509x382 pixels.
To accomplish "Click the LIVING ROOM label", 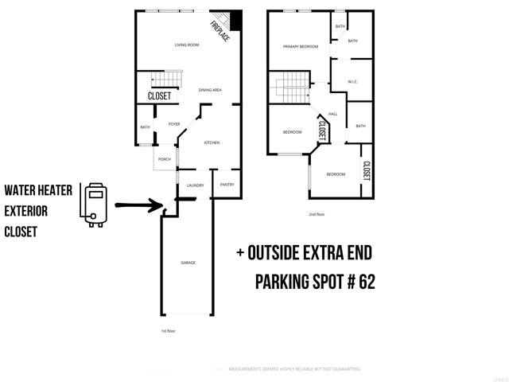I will [185, 45].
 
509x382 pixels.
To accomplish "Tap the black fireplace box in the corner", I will [235, 21].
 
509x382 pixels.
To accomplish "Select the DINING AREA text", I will [210, 90].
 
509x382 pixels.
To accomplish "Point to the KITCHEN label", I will [212, 143].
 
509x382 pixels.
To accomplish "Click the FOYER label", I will [174, 124].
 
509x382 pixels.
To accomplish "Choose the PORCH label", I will [165, 159].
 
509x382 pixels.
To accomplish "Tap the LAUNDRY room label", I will [195, 185].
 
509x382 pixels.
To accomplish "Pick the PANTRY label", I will [227, 185].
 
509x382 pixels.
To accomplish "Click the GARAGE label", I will [188, 263].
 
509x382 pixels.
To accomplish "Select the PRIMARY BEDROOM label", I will [301, 47].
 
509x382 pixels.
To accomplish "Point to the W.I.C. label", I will [354, 82].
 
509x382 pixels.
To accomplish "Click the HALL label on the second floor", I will [333, 114].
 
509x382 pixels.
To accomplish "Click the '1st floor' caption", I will [169, 330].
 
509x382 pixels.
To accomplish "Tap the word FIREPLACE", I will [220, 30].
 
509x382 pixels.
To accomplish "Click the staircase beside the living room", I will [165, 80].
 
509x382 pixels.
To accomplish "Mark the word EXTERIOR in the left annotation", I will [27, 211].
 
